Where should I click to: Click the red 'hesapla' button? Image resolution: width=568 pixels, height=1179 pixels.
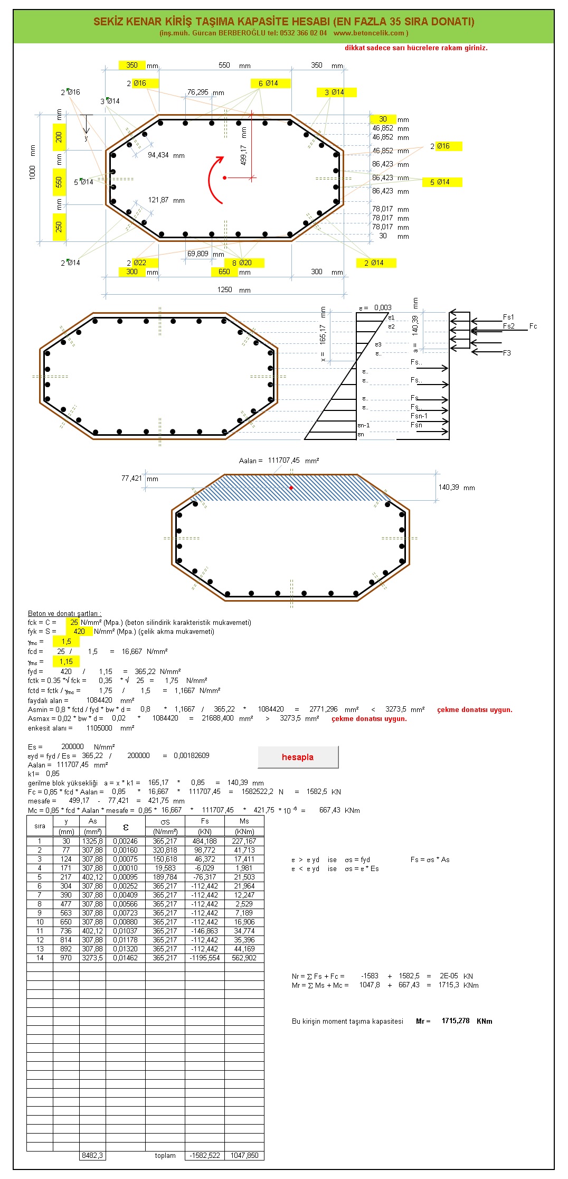[x=298, y=757]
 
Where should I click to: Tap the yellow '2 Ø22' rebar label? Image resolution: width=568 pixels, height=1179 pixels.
[x=138, y=263]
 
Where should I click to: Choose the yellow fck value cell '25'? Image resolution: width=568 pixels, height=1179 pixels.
[x=74, y=622]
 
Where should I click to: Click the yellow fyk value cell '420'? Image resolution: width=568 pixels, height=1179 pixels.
[x=79, y=631]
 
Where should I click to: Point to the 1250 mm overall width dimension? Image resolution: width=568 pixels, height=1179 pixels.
[x=225, y=289]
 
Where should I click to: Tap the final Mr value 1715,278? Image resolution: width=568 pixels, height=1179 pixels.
[x=455, y=1021]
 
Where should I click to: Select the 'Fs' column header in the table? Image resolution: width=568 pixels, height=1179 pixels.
[x=205, y=821]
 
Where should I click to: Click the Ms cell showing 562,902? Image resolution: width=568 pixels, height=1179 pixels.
[x=244, y=958]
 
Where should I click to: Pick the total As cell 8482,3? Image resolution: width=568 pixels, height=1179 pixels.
[x=92, y=1155]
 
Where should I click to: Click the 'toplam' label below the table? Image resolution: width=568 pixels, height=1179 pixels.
[x=165, y=1155]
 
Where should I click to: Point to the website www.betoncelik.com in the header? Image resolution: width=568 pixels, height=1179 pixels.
[x=369, y=33]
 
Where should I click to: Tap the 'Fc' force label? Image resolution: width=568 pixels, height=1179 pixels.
[x=533, y=326]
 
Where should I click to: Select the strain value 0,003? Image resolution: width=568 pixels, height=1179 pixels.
[x=383, y=307]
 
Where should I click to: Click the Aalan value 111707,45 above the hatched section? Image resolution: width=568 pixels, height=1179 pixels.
[x=283, y=461]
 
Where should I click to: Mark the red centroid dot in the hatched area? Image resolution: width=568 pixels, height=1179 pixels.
[x=291, y=488]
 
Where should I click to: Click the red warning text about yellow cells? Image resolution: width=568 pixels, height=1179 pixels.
[x=416, y=48]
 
